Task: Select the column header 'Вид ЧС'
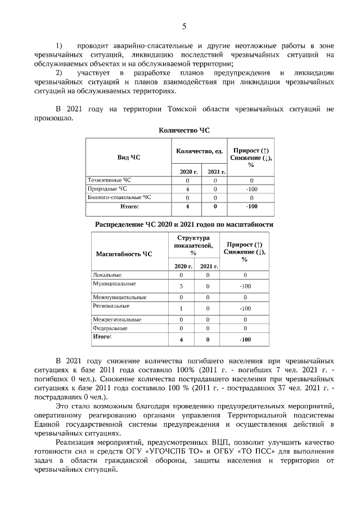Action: pyautogui.click(x=128, y=157)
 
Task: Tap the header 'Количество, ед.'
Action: pyautogui.click(x=200, y=151)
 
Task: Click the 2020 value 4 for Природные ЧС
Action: pyautogui.click(x=187, y=190)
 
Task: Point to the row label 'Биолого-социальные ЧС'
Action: pyautogui.click(x=119, y=198)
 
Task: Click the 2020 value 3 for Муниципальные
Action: pyautogui.click(x=181, y=287)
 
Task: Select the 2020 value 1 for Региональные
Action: pyautogui.click(x=181, y=309)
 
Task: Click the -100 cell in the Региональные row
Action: pyautogui.click(x=245, y=309)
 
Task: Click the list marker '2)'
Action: pyautogui.click(x=59, y=73)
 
